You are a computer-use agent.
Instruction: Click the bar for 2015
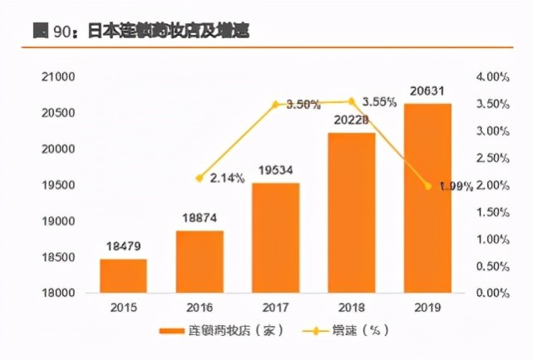123,276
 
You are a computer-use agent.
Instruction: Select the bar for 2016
200,262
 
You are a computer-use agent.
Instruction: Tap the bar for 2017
275,238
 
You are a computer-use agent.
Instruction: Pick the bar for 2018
352,213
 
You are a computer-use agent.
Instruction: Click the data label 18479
123,247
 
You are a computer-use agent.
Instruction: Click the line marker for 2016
200,178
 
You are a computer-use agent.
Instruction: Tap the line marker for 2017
275,104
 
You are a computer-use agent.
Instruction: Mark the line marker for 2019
427,185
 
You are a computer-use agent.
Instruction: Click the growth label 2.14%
227,178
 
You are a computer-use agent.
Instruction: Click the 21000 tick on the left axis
59,76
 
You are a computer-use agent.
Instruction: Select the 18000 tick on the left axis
59,293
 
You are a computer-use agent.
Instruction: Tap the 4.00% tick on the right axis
492,76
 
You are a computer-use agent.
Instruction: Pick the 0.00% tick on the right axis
492,293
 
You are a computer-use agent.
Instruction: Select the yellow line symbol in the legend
313,331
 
